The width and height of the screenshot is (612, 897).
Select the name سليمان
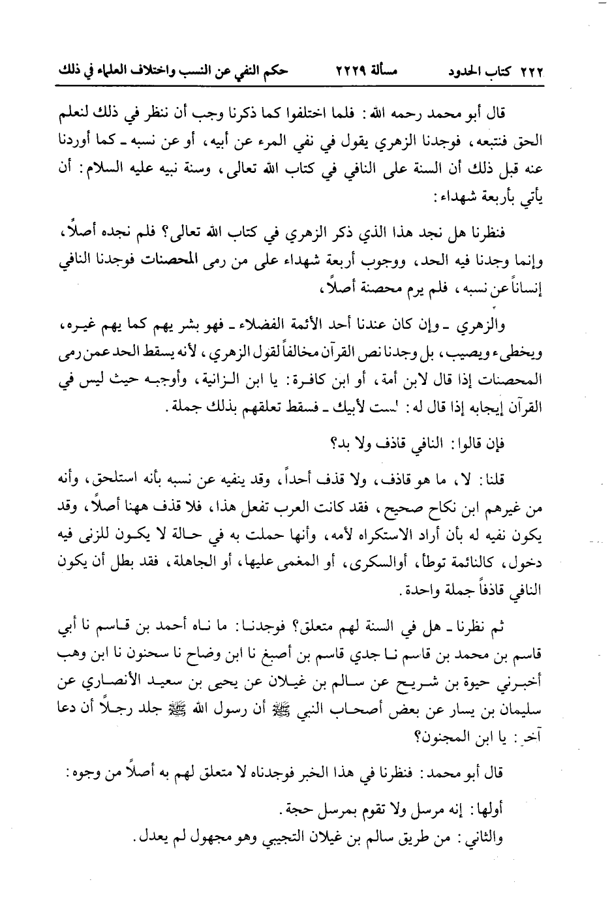click(x=525, y=712)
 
